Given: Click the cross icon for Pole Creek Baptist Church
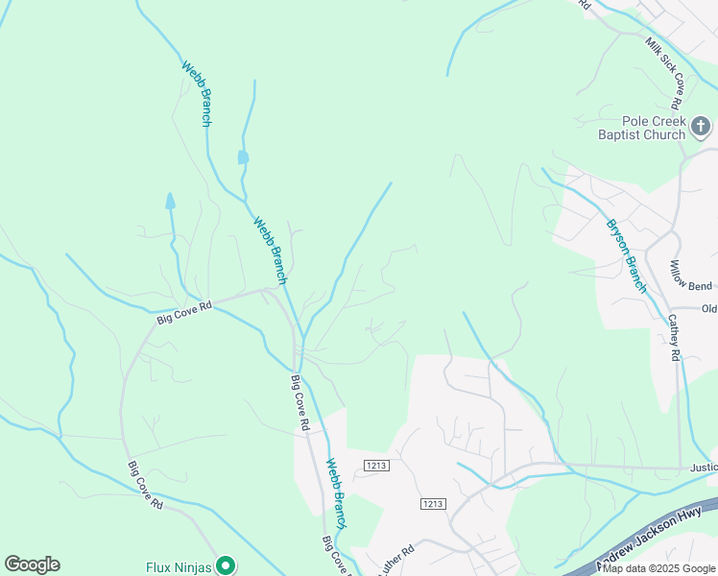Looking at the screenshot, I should point(701,127).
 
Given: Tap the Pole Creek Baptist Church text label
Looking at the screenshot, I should point(640,129).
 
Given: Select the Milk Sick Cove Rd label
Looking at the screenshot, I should point(664,73).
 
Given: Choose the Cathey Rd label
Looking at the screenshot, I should point(674,337).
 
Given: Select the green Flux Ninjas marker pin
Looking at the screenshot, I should point(225,566).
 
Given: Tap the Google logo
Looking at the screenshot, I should point(32,564).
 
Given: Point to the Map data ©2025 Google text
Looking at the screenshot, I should point(659,569).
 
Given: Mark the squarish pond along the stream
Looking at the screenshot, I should point(243,156).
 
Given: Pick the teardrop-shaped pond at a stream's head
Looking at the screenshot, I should point(170,201).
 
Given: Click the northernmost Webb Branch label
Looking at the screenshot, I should point(197,94).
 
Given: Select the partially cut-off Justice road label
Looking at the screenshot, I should point(703,468).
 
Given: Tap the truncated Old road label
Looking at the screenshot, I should point(709,308).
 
